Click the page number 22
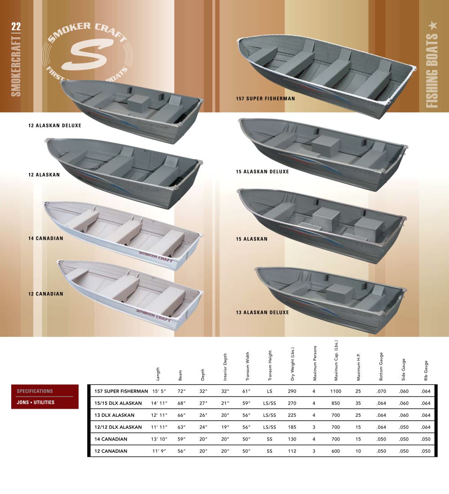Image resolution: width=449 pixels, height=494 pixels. (16, 26)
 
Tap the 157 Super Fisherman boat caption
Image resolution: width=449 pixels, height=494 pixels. (265, 99)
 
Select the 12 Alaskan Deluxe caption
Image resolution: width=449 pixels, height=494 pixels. (55, 125)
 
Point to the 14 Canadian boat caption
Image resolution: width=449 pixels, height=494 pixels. (46, 238)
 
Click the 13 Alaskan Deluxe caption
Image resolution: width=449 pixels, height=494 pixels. (263, 313)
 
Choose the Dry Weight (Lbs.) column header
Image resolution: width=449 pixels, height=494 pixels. (292, 364)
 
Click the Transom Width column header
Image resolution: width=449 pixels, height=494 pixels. (247, 366)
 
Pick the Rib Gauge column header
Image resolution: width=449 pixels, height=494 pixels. (426, 370)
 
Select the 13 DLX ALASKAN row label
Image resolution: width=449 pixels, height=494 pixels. (114, 415)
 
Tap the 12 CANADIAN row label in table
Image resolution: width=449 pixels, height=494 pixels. (111, 451)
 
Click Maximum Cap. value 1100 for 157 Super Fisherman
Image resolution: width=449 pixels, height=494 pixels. (335, 391)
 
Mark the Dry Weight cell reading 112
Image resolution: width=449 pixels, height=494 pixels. (292, 451)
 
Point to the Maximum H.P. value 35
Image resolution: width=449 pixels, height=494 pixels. (358, 403)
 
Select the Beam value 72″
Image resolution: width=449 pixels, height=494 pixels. (181, 391)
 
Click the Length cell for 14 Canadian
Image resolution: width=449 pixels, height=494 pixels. (159, 439)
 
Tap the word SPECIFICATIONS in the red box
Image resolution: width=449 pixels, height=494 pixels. (35, 391)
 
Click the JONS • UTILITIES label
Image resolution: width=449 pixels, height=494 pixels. (35, 402)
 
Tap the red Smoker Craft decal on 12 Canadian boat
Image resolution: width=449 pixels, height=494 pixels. (154, 315)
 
